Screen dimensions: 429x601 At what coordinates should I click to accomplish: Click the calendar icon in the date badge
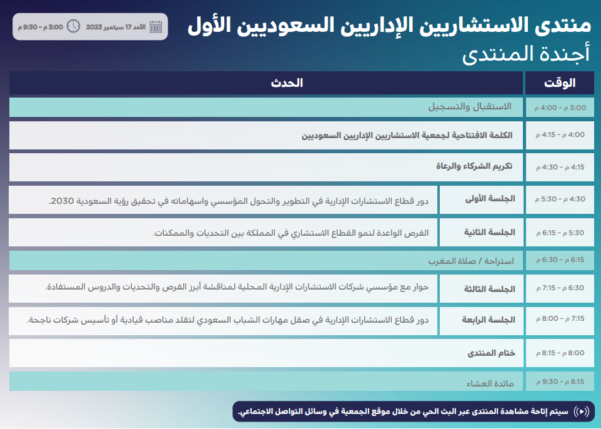[x=156, y=27]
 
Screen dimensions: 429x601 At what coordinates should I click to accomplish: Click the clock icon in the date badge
[x=73, y=27]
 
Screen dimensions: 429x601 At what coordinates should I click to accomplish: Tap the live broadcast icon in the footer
[x=581, y=411]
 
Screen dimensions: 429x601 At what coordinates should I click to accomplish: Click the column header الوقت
[x=559, y=83]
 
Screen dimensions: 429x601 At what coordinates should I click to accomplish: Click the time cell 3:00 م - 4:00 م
[x=559, y=108]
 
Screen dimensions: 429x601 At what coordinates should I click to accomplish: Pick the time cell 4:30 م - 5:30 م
[x=559, y=199]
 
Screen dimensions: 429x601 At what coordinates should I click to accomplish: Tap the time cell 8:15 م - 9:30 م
[x=559, y=381]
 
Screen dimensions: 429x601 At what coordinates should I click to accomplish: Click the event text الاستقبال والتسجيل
[x=469, y=107]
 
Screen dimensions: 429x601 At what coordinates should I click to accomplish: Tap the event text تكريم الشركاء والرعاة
[x=474, y=166]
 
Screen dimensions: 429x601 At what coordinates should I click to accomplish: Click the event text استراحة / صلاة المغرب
[x=470, y=261]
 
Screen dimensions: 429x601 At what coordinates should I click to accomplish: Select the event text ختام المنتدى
[x=492, y=353]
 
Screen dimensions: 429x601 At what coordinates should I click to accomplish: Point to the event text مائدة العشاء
[x=490, y=383]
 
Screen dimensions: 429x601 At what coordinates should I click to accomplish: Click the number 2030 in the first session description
[x=62, y=201]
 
